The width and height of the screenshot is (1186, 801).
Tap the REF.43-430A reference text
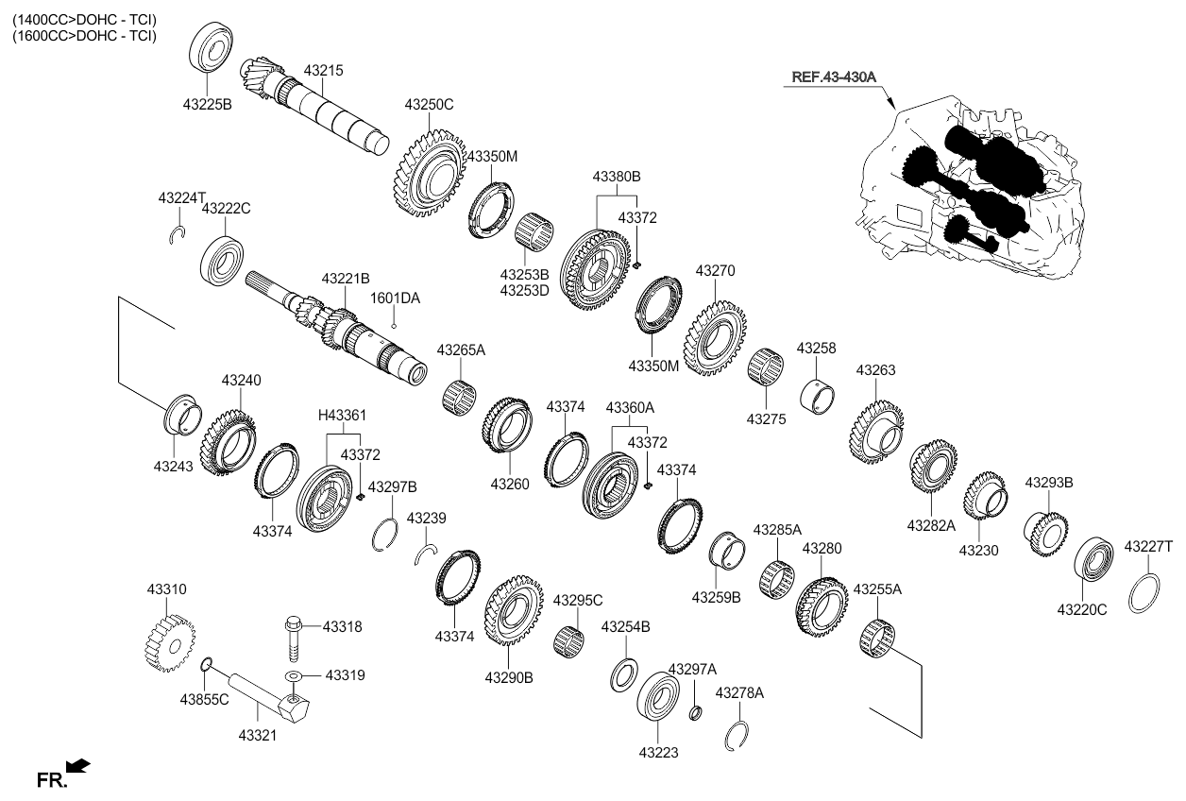tap(834, 77)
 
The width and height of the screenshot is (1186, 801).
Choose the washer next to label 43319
tap(294, 676)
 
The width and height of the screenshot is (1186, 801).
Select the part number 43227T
tap(1147, 546)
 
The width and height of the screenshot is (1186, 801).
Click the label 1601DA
tap(395, 298)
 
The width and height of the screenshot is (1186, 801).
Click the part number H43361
tap(342, 415)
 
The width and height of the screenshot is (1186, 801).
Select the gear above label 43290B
tap(513, 609)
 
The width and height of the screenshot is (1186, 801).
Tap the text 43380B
tap(617, 176)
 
